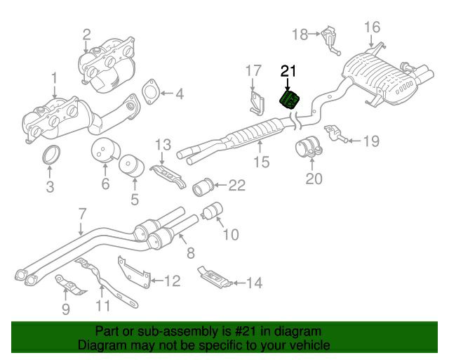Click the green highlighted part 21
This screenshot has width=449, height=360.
290,100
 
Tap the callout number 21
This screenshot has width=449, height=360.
289,70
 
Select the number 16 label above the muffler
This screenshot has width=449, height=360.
371,27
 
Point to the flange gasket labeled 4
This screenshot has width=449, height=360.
149,94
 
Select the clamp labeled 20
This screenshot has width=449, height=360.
306,151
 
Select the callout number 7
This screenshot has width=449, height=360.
81,214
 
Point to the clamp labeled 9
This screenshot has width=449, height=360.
68,285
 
